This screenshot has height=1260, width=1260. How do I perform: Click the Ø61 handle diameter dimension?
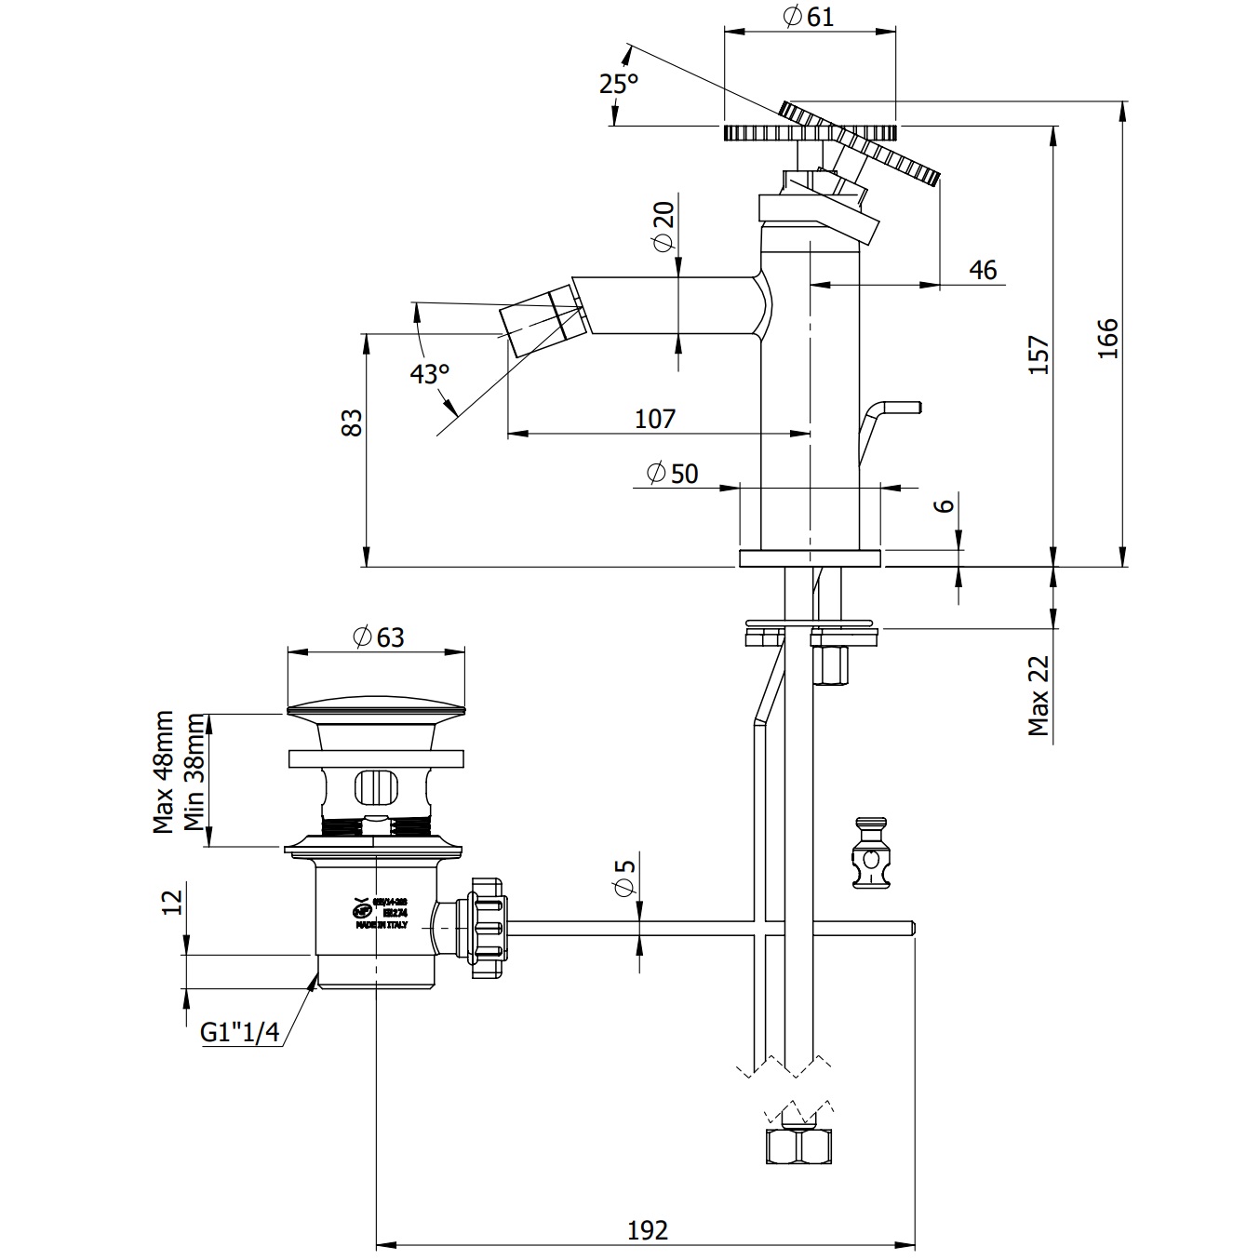pos(809,17)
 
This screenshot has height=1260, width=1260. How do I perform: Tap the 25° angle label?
pos(619,84)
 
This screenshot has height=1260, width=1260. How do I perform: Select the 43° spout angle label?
pos(430,374)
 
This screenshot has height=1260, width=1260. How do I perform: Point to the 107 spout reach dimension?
pos(655,419)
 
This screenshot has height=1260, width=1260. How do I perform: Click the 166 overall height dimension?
pos(1107,338)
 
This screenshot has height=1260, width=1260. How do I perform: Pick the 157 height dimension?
pos(1039,355)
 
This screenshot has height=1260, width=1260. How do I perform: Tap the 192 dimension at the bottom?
pos(647,1230)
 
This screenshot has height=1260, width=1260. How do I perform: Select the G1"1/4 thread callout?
pos(240,1032)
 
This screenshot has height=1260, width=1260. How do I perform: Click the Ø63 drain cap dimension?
pos(378,637)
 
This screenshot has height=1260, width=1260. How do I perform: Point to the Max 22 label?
pos(1039,696)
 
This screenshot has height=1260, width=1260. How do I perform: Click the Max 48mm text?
pos(164,772)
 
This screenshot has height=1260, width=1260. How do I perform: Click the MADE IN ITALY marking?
pos(381,926)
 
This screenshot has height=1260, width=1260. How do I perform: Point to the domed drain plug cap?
pos(376,706)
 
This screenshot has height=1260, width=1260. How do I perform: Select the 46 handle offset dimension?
pos(982,271)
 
